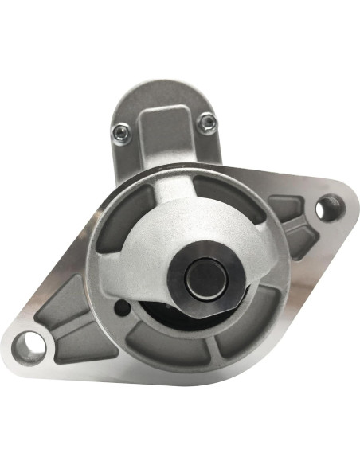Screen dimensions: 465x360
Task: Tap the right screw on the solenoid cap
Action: coord(209,121)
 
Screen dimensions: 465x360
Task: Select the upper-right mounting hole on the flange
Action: coord(326,209)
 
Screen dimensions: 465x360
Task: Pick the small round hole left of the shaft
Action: coord(121,305)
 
